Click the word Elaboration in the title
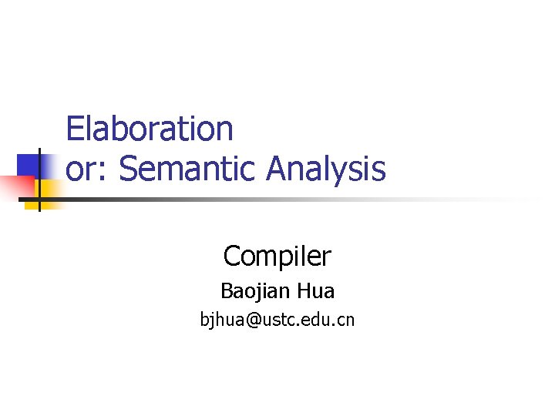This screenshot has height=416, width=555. click(x=150, y=129)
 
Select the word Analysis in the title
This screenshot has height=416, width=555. click(x=326, y=169)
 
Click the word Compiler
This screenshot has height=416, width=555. click(x=277, y=255)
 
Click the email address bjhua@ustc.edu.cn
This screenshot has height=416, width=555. click(x=277, y=319)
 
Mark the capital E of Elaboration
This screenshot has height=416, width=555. click(x=74, y=129)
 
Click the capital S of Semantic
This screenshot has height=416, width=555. click(x=127, y=169)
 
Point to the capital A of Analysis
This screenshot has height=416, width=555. click(x=277, y=169)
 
